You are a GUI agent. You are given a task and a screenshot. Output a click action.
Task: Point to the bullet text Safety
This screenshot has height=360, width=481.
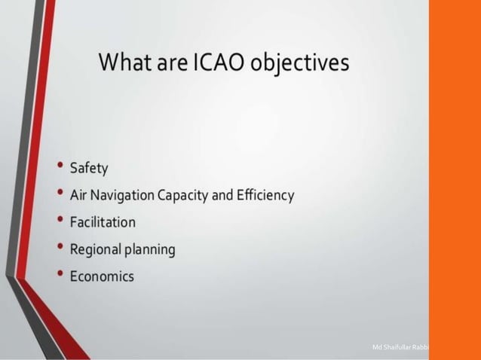point(90,167)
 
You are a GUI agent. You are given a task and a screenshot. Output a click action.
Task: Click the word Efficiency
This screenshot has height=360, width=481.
point(264,195)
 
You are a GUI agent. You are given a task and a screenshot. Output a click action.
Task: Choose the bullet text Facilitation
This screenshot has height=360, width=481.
point(103,222)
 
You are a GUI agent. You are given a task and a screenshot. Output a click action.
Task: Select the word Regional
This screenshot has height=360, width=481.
point(96,249)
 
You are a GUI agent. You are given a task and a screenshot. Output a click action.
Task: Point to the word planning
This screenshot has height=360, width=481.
point(150,249)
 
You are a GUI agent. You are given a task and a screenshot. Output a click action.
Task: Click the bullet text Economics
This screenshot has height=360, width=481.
point(102,276)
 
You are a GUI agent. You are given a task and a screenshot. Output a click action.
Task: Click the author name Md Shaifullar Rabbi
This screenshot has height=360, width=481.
point(400,346)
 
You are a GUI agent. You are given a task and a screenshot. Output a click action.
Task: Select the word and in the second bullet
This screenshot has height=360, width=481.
point(222,195)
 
